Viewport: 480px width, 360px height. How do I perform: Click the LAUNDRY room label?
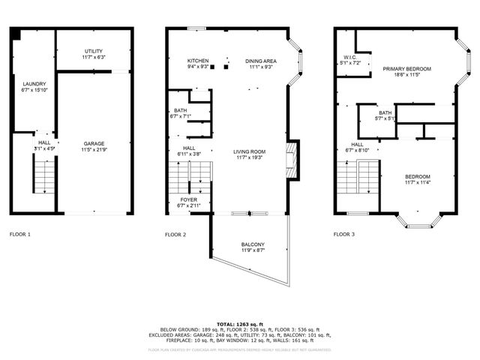[x=34, y=84]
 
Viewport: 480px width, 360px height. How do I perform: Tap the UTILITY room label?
[x=94, y=50]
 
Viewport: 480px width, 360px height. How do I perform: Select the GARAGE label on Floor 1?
[x=94, y=143]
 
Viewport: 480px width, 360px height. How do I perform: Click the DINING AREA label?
[x=260, y=61]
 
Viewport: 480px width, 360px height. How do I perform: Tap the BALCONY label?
[x=253, y=244]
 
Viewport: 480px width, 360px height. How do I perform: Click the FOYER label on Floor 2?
[x=188, y=199]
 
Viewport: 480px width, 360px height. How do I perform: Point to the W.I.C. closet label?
[x=349, y=57]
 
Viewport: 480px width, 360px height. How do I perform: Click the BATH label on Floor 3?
[x=385, y=112]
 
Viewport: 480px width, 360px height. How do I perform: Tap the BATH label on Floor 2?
[x=181, y=110]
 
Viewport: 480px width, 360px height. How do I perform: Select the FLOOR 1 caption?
[x=20, y=235]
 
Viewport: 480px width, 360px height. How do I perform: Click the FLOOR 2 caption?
[x=175, y=235]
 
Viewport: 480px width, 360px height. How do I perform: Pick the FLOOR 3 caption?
[x=344, y=235]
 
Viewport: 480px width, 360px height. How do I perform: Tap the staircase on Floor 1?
[x=46, y=177]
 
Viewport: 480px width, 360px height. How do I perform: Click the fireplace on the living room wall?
[x=293, y=160]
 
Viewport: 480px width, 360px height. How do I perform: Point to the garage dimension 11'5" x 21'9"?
[x=94, y=149]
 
